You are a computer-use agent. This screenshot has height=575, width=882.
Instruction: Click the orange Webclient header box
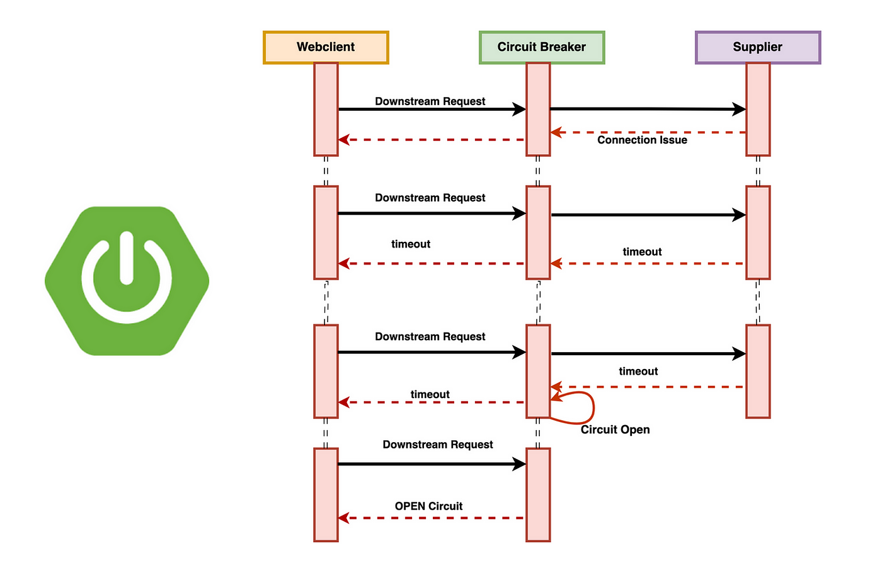click(326, 47)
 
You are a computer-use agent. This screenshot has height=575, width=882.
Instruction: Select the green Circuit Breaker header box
click(542, 47)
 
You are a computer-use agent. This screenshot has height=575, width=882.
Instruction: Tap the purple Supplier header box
click(758, 47)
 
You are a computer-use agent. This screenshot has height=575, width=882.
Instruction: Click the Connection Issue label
click(642, 140)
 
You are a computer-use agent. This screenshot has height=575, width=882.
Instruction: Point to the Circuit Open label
click(615, 430)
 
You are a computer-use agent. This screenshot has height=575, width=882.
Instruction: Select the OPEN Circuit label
click(428, 506)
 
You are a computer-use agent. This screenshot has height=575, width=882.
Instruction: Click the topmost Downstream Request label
click(430, 101)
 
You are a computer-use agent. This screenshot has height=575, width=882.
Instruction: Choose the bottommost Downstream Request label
click(438, 445)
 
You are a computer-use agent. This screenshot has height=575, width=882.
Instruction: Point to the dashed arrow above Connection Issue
click(648, 132)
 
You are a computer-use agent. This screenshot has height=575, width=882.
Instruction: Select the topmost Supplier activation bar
click(758, 110)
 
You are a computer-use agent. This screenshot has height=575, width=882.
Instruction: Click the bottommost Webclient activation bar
click(326, 495)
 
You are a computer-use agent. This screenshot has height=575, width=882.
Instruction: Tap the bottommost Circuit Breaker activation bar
click(538, 495)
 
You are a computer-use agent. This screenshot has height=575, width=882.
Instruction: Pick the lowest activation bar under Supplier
click(758, 372)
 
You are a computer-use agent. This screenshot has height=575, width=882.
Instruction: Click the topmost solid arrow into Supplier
click(648, 109)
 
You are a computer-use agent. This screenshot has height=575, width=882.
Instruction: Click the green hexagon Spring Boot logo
click(127, 281)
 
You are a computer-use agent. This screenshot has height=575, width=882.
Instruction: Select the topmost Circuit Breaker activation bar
click(538, 110)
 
